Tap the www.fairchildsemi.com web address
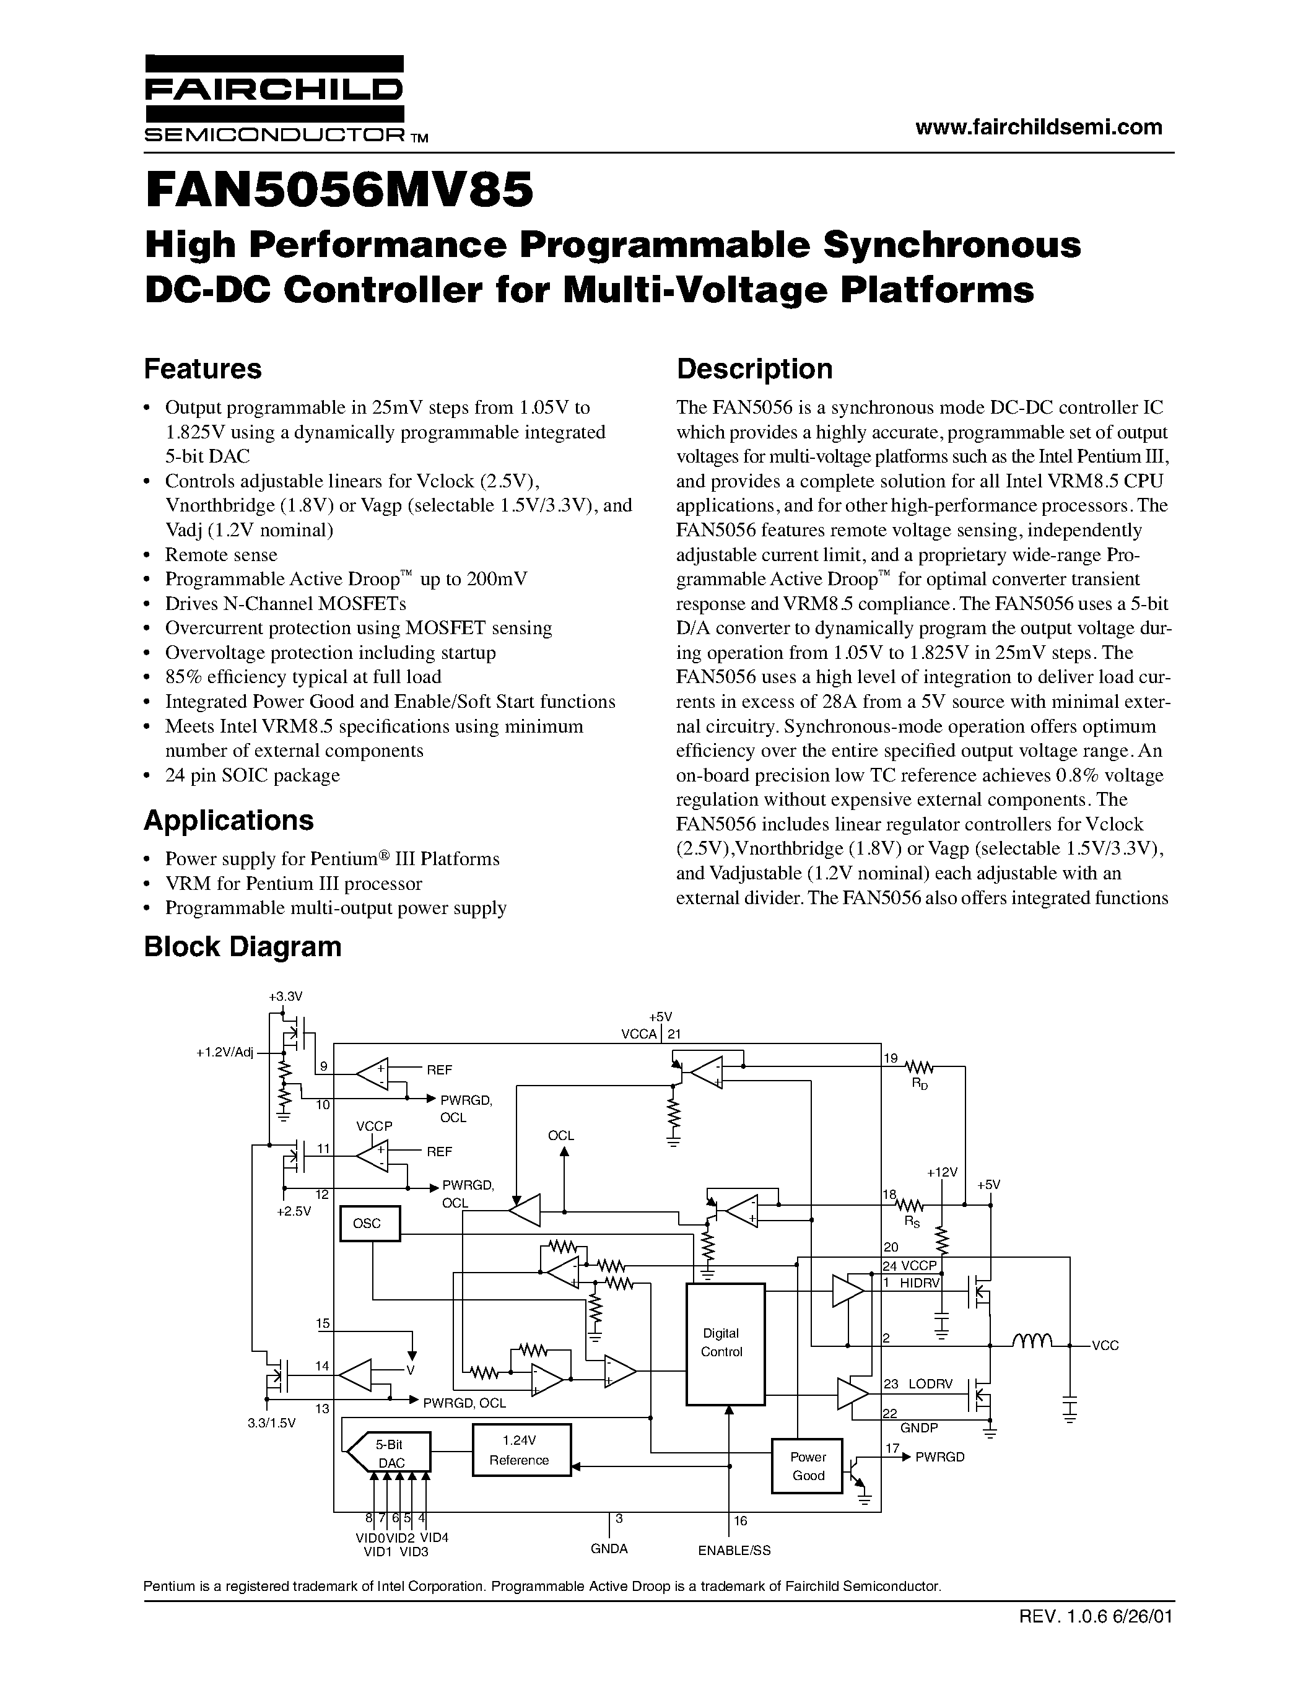pos(1039,127)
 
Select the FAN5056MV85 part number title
pos(339,191)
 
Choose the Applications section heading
pos(229,821)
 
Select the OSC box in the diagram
pos(370,1224)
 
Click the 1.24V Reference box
pos(521,1450)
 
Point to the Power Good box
pos(807,1466)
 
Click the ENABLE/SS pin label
pos(734,1551)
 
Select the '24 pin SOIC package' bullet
pos(252,775)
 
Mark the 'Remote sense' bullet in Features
pos(220,554)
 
